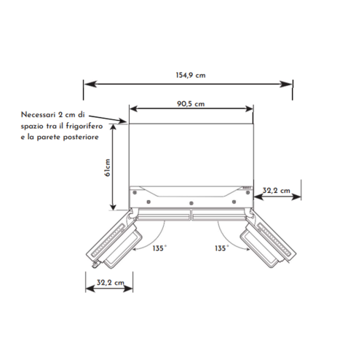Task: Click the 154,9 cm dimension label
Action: (191, 75)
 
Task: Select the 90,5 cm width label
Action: (191, 104)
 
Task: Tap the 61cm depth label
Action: (108, 167)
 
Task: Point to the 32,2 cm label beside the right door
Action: (277, 191)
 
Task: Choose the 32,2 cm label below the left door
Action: (111, 282)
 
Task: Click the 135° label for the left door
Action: (159, 248)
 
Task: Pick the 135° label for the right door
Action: (221, 248)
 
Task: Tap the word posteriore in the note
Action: (81, 138)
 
